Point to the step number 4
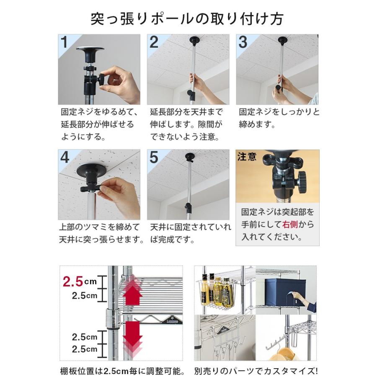[x=65, y=158]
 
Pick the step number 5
[x=154, y=158]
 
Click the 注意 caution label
[x=247, y=157]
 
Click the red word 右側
[x=290, y=225]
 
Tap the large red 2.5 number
[x=73, y=281]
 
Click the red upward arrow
[x=132, y=291]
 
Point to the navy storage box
[x=285, y=292]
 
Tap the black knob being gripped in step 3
[x=279, y=88]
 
